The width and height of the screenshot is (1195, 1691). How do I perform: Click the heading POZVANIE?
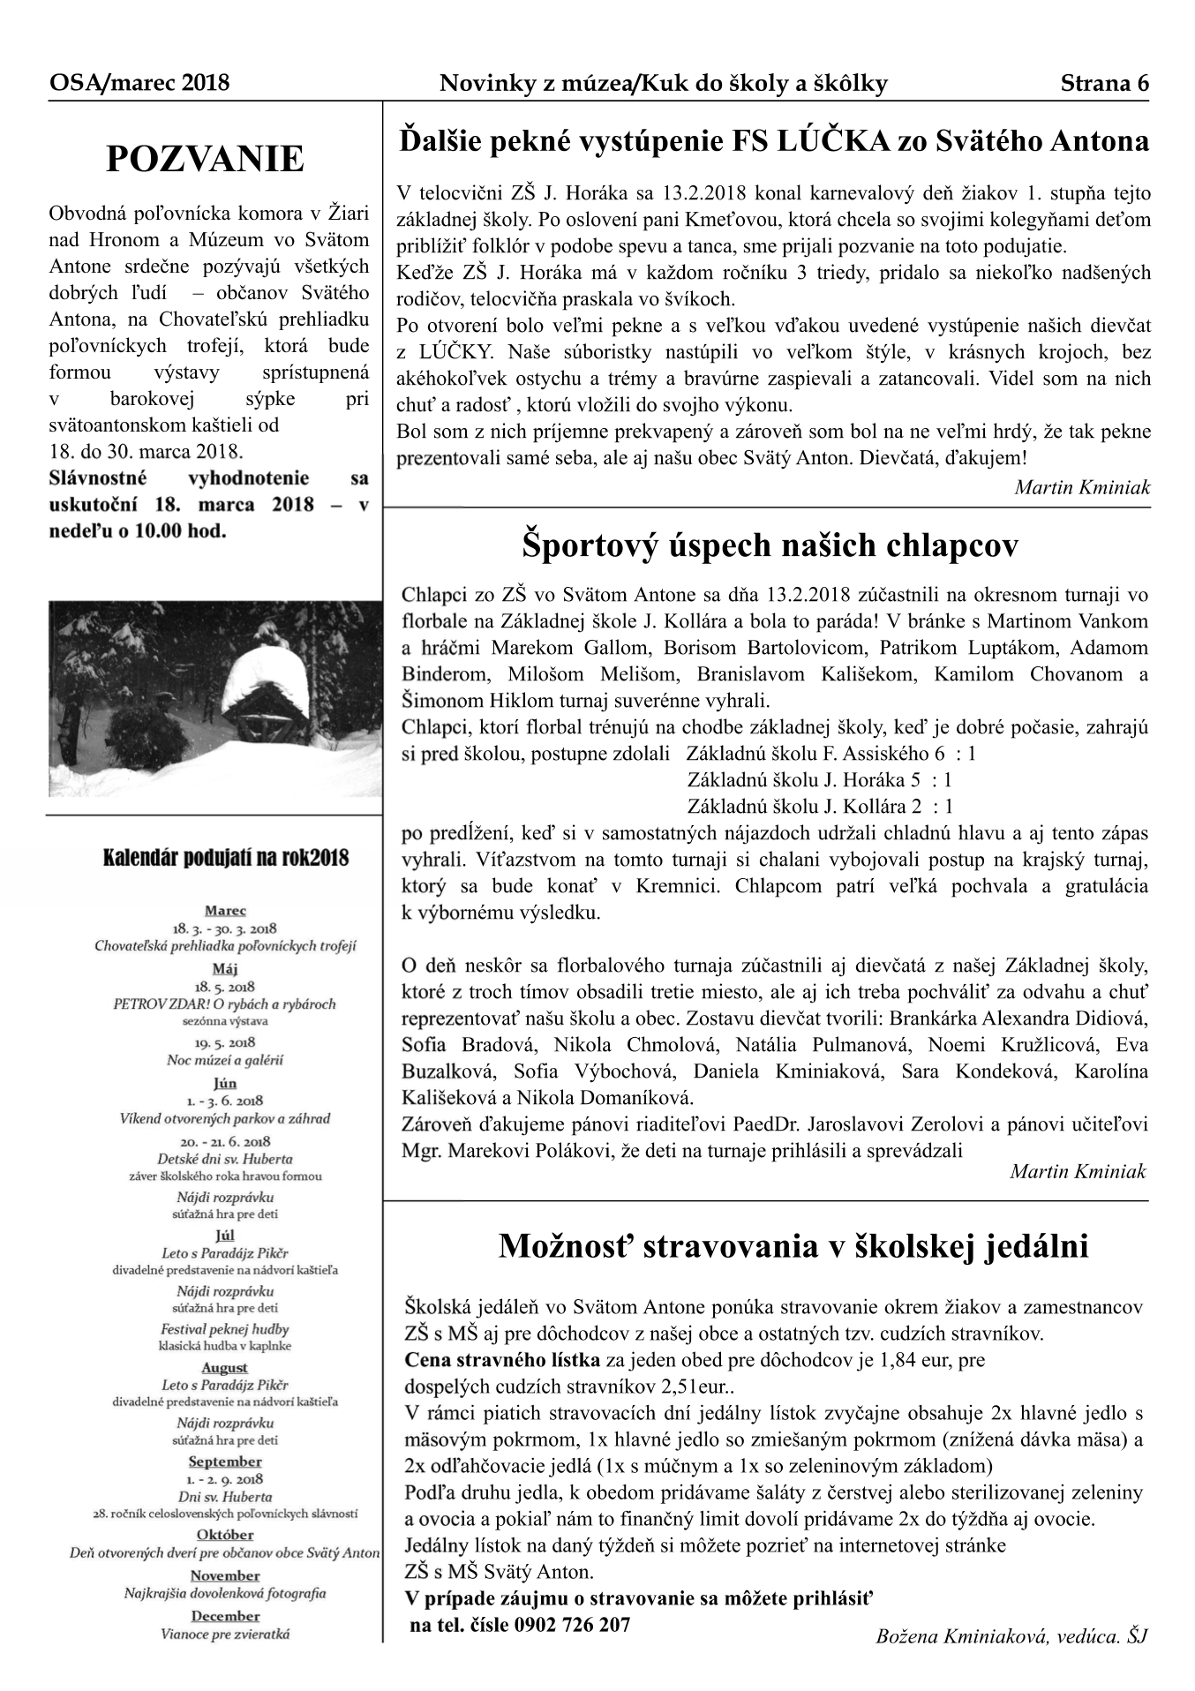205,160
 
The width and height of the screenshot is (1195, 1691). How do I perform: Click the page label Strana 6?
1104,84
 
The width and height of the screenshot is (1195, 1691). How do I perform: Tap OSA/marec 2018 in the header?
139,84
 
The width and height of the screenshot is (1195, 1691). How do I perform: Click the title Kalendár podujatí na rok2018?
226,857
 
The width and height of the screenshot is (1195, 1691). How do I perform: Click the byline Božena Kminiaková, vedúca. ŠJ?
1011,1636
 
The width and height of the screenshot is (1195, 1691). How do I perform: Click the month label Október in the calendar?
225,1534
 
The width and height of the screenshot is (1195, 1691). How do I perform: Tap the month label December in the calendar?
225,1616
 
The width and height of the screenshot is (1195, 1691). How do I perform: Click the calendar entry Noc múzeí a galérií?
225,1060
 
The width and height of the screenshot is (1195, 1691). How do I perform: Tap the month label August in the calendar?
225,1367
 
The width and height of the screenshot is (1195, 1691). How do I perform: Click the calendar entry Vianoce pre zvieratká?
225,1634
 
